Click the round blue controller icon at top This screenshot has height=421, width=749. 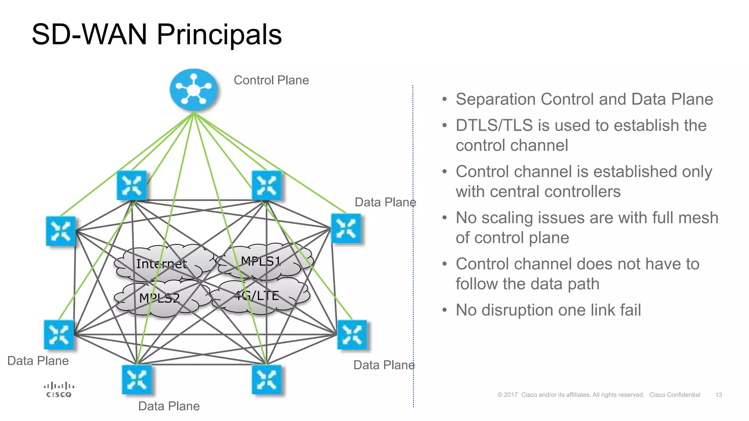(x=193, y=90)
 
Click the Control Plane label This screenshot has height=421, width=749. (x=271, y=80)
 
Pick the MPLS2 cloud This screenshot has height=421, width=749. (x=159, y=298)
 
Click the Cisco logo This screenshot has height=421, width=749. (x=59, y=390)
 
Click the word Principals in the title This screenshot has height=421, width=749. (x=219, y=34)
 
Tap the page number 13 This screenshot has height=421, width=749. (x=718, y=395)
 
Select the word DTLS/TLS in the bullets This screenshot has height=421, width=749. (x=494, y=125)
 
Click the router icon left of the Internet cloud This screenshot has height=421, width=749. (x=61, y=231)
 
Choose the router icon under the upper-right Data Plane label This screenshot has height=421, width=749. (x=346, y=228)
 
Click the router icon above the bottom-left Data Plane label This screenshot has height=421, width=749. (x=59, y=335)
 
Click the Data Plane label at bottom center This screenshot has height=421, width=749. (x=169, y=406)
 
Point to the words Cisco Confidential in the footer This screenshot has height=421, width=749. (x=674, y=395)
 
